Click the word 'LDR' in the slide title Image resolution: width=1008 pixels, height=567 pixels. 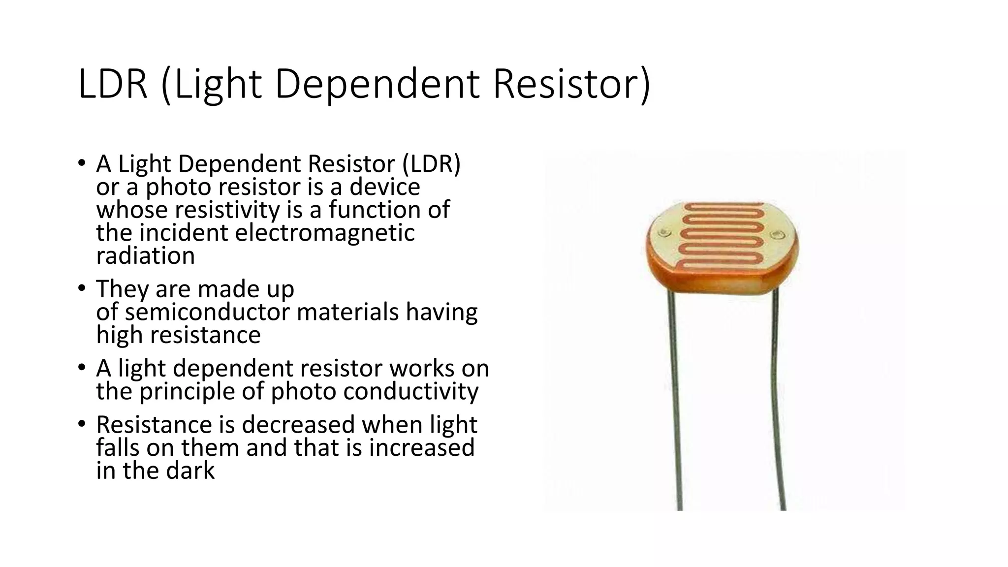click(x=113, y=84)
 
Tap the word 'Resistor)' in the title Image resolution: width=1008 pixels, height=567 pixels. click(x=572, y=84)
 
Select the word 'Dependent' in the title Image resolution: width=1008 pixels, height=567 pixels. click(x=377, y=84)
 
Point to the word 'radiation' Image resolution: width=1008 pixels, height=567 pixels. click(x=146, y=256)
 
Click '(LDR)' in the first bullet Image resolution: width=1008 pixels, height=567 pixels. click(x=431, y=164)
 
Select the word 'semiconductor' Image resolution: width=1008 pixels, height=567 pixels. click(x=207, y=312)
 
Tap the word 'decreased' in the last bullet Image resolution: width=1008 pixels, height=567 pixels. click(x=298, y=425)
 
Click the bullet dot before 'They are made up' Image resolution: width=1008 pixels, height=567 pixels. click(x=81, y=288)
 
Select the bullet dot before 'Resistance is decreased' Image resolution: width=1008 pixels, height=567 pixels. click(x=81, y=424)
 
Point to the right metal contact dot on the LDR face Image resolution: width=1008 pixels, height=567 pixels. click(x=778, y=235)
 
